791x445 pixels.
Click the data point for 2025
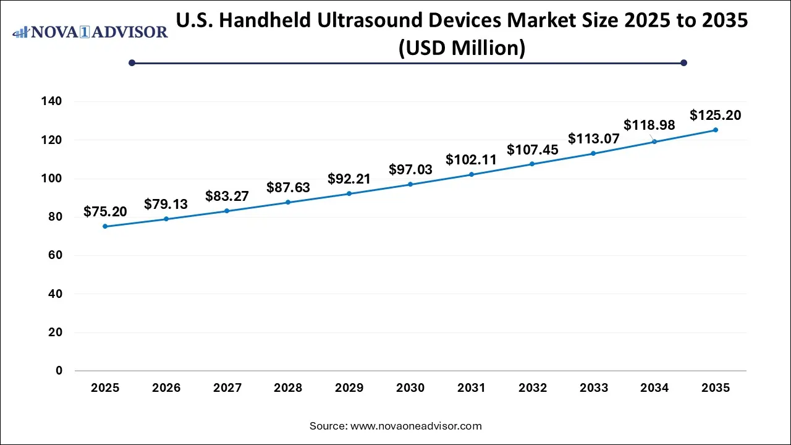point(105,226)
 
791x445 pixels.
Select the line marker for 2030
point(410,184)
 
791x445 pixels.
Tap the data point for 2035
point(716,130)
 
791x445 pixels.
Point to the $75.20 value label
point(105,212)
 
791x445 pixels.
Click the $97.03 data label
point(410,169)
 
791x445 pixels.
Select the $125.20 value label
point(716,115)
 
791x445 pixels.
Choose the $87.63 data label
point(288,187)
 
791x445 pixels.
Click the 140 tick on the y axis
point(53,101)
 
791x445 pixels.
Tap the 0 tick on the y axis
point(59,371)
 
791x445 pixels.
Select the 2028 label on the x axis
point(288,388)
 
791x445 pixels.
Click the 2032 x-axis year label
point(533,388)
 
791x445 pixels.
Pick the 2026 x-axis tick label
point(166,388)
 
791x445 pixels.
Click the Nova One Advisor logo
point(90,32)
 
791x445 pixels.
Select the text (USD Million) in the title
point(462,47)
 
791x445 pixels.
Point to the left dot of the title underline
point(132,62)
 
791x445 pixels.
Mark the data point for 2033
point(593,153)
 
